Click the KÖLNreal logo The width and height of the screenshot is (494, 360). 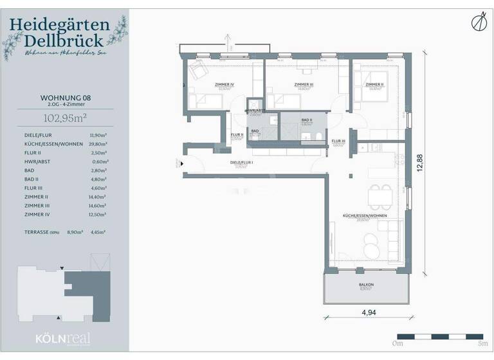(63, 339)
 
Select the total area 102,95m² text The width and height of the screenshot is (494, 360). (64, 117)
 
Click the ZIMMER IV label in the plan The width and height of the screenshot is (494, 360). (224, 84)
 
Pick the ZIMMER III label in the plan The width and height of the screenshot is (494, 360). (304, 84)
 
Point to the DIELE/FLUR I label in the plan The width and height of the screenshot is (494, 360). (242, 163)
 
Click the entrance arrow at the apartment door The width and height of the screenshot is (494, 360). (183, 164)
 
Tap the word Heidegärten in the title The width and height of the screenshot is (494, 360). (59, 27)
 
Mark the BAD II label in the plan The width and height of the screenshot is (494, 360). (307, 120)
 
